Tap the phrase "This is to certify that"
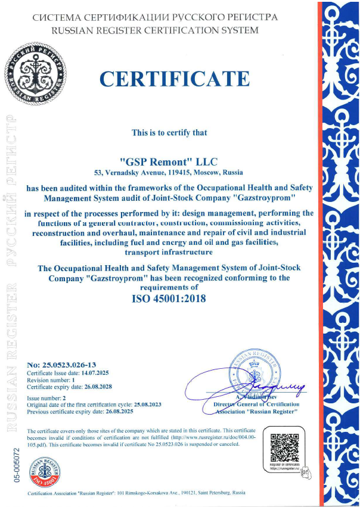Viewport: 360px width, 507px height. click(x=169, y=132)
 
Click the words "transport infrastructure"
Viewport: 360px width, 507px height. click(x=169, y=252)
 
